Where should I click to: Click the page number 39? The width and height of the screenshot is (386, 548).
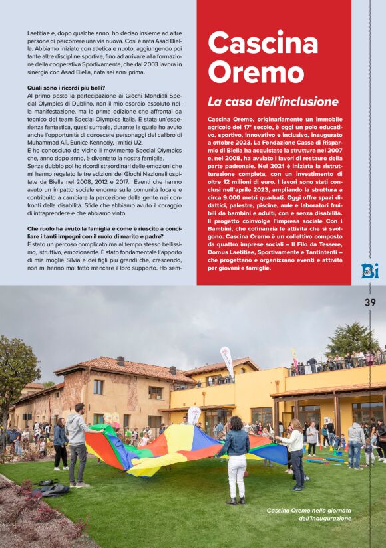click(370, 302)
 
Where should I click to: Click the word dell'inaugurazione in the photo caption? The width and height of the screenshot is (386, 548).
click(324, 518)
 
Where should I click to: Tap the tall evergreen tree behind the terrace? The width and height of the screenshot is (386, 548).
click(352, 339)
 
